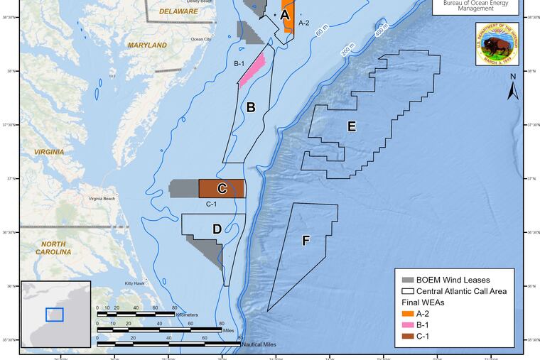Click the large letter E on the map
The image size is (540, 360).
point(351,126)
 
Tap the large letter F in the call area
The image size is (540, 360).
point(306,241)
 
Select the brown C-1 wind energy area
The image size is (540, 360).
point(222,188)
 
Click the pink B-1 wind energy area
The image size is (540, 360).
point(254,69)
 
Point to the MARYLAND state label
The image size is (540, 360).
point(147,45)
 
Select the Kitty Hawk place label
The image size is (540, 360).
point(135,283)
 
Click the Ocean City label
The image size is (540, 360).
point(201,39)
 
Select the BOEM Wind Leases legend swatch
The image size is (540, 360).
point(408,280)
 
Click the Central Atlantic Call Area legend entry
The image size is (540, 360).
point(462,291)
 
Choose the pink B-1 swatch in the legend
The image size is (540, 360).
point(408,324)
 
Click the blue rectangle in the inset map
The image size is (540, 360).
point(54,315)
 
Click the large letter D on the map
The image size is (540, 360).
point(217,229)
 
